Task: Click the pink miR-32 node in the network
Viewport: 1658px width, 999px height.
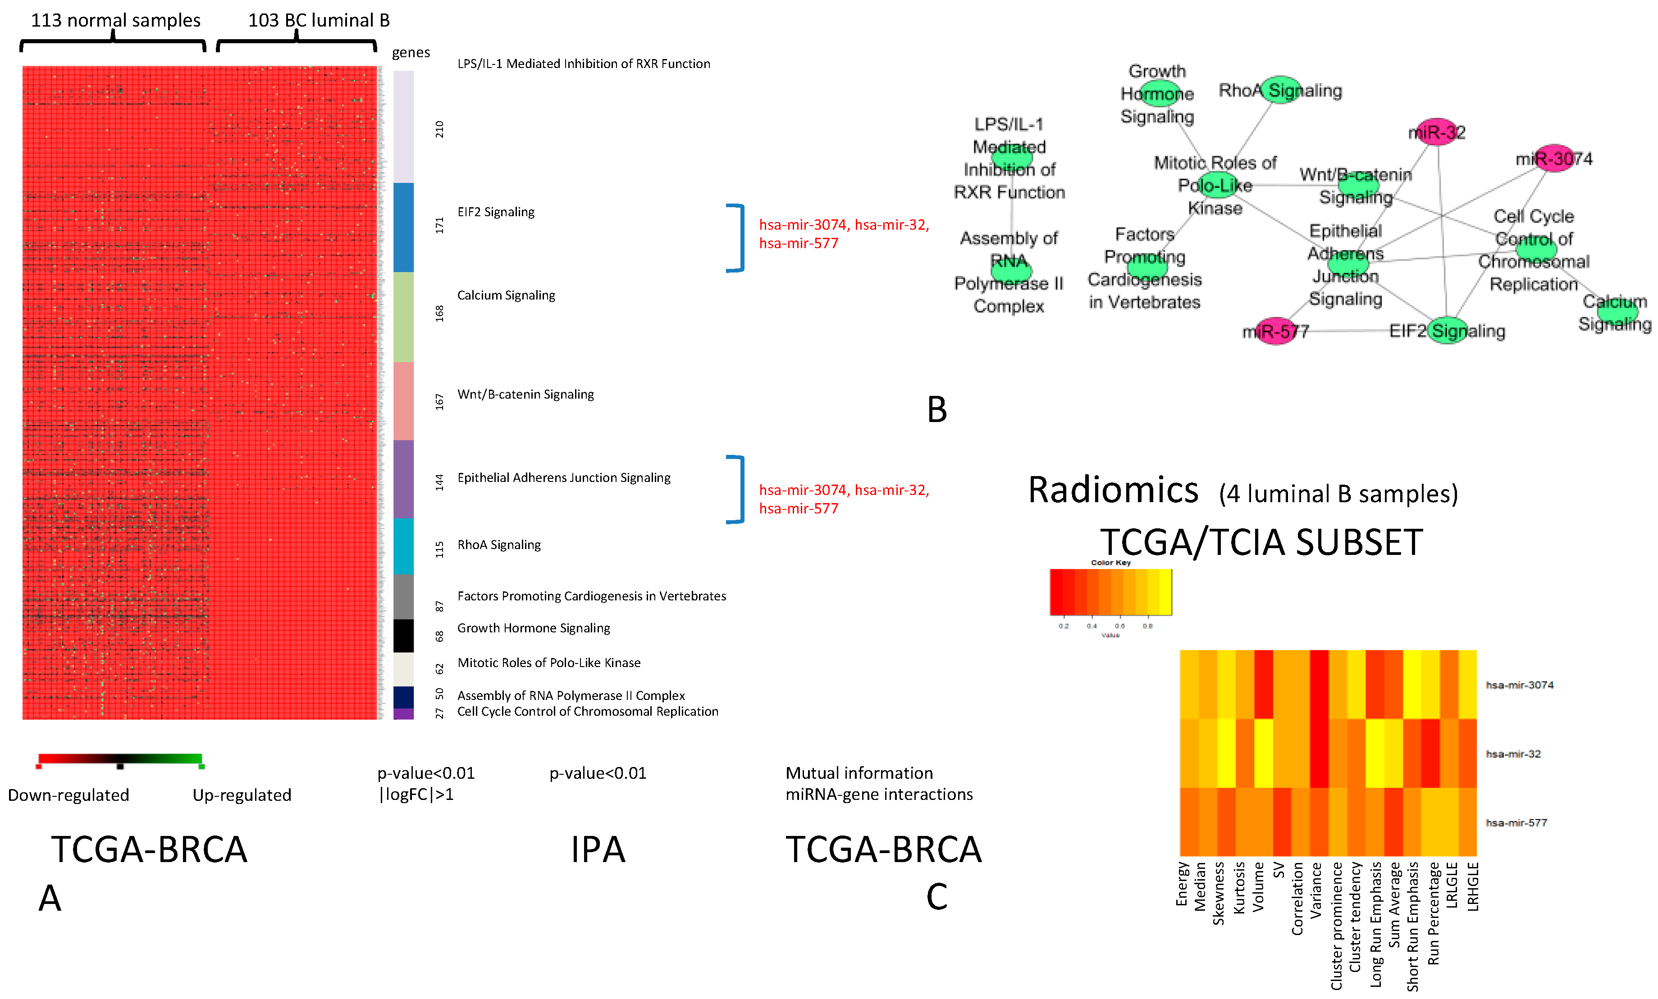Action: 1436,132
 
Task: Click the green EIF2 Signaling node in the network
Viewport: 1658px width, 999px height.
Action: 1447,330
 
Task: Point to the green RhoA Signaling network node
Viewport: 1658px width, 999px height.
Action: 1280,90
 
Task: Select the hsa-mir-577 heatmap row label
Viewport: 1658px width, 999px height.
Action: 1516,822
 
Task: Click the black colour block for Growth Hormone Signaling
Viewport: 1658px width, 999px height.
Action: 403,635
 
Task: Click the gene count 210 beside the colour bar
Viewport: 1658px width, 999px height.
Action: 439,129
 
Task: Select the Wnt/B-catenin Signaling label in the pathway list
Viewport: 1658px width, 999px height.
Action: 525,394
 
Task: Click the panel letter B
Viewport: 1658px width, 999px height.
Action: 936,409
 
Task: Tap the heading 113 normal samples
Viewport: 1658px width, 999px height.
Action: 116,20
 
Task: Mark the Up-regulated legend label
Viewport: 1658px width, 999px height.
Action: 242,795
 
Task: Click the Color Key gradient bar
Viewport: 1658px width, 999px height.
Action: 1110,592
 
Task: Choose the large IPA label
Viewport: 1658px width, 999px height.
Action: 598,849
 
